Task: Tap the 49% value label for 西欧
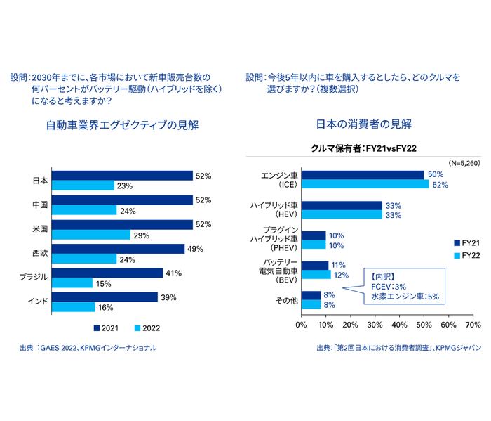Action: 196,249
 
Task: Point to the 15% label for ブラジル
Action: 104,283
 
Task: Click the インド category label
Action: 37,302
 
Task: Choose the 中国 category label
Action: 39,205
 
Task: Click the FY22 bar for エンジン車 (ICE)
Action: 365,184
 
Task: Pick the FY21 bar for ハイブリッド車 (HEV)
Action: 342,205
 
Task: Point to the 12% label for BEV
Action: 342,275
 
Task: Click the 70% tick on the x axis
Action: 473,325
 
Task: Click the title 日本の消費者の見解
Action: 364,124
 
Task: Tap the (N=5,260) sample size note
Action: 464,162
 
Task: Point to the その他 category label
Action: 288,300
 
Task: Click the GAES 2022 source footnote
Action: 88,348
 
